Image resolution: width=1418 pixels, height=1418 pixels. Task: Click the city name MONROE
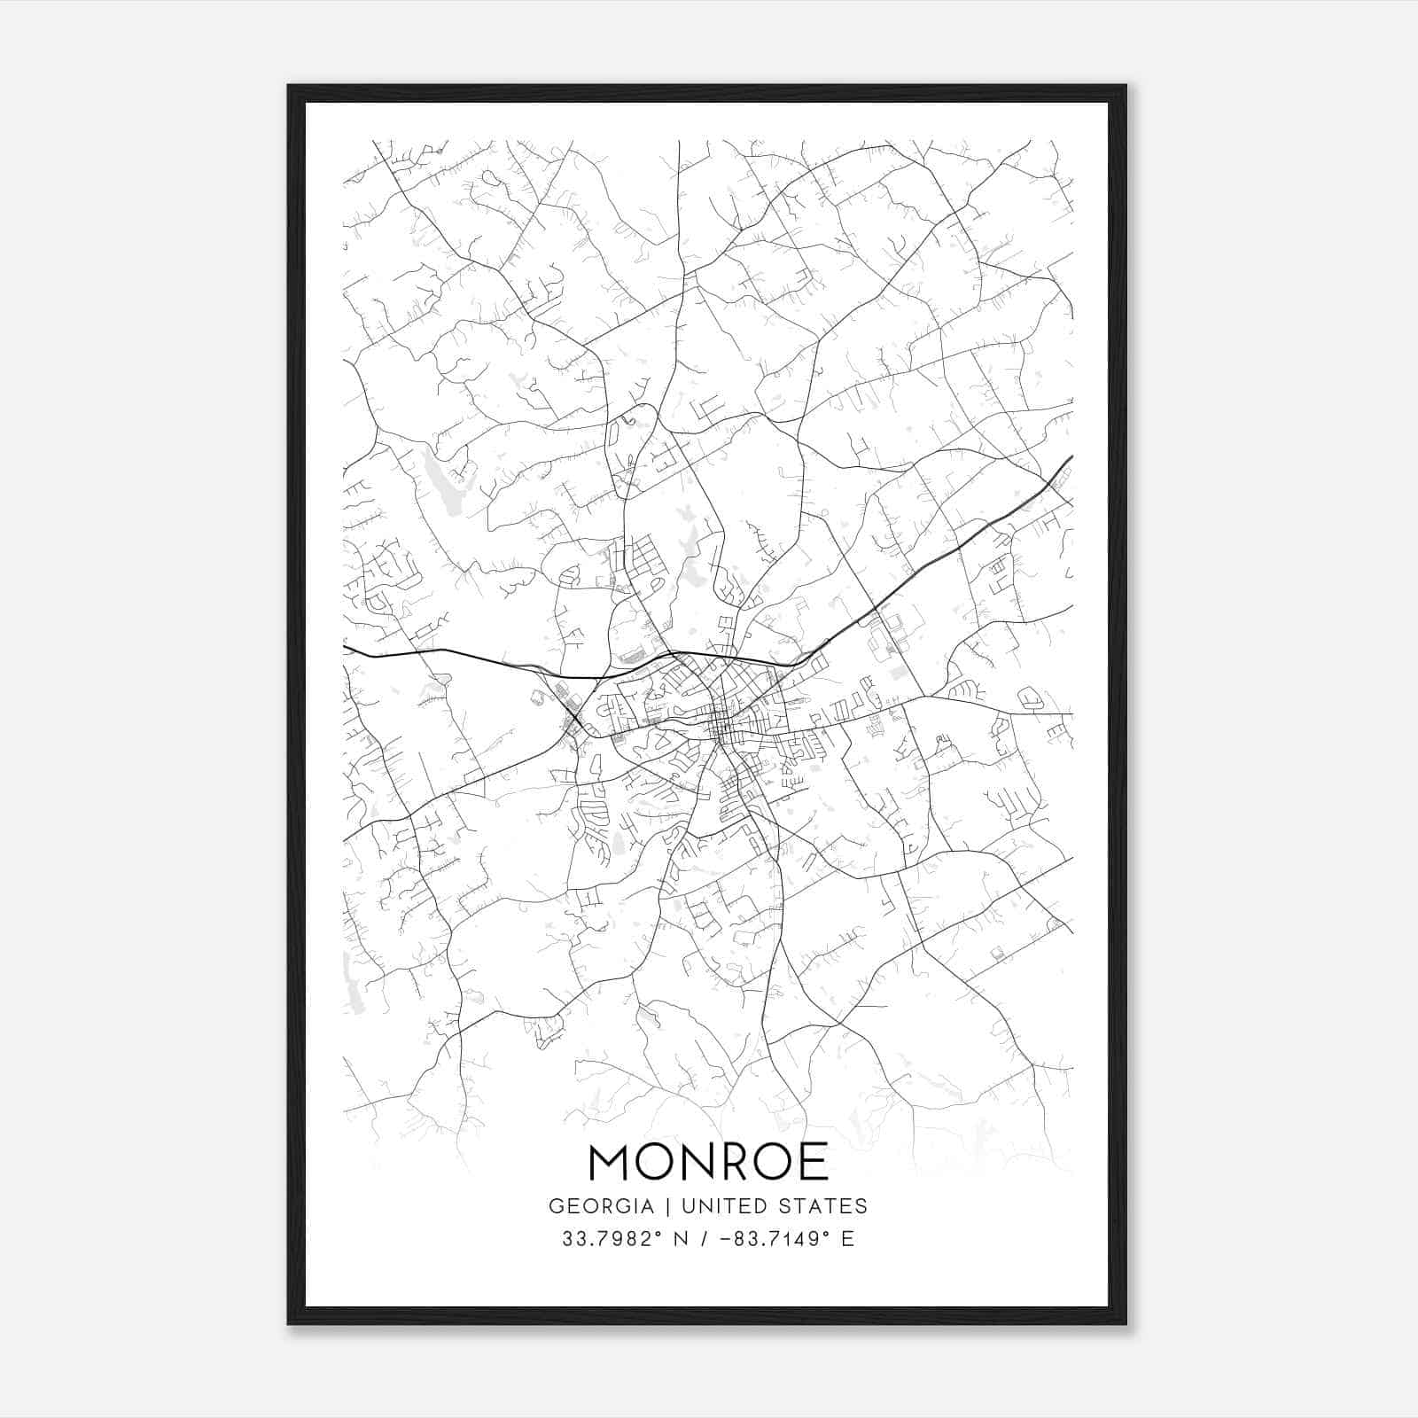click(x=708, y=1162)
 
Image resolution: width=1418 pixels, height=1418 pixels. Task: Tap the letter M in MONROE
click(x=610, y=1162)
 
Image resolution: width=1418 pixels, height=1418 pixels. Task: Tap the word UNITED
click(x=711, y=1206)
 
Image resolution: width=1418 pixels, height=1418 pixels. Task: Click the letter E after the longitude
click(x=848, y=1239)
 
